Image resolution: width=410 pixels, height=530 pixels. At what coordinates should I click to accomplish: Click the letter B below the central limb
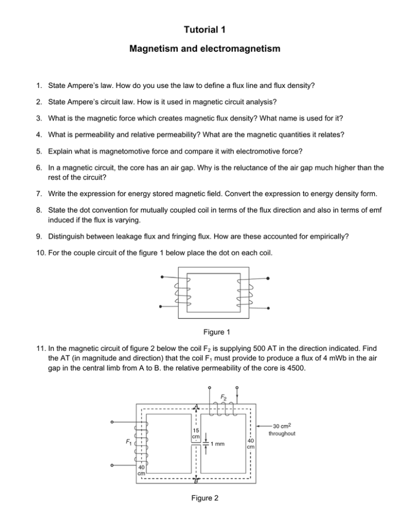tap(196, 481)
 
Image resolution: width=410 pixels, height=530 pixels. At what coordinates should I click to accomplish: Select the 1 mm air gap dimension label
tap(217, 444)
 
